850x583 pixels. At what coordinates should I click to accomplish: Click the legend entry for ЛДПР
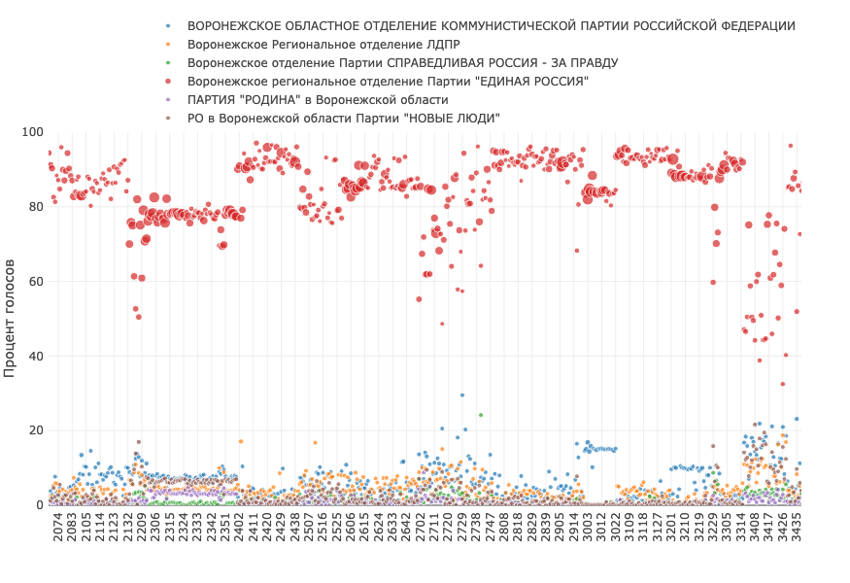click(x=323, y=44)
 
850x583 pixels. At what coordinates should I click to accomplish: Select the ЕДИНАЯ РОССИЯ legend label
click(x=388, y=81)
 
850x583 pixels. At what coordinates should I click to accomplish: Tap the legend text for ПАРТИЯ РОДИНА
click(x=318, y=99)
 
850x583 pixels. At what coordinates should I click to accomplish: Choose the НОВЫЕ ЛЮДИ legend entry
click(x=344, y=118)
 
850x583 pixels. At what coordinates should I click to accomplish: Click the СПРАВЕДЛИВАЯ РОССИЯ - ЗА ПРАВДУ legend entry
click(x=402, y=62)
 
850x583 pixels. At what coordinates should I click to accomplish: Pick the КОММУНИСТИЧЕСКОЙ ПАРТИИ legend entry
click(x=492, y=25)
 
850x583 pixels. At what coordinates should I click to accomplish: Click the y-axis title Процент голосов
click(x=11, y=318)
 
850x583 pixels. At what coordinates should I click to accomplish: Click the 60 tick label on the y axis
click(x=36, y=282)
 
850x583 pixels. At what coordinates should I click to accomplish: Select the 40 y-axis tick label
click(x=36, y=357)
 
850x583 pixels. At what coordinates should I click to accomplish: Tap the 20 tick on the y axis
click(x=36, y=430)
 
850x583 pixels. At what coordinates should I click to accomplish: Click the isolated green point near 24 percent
click(x=480, y=415)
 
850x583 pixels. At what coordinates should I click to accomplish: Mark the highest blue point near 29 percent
click(x=462, y=395)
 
